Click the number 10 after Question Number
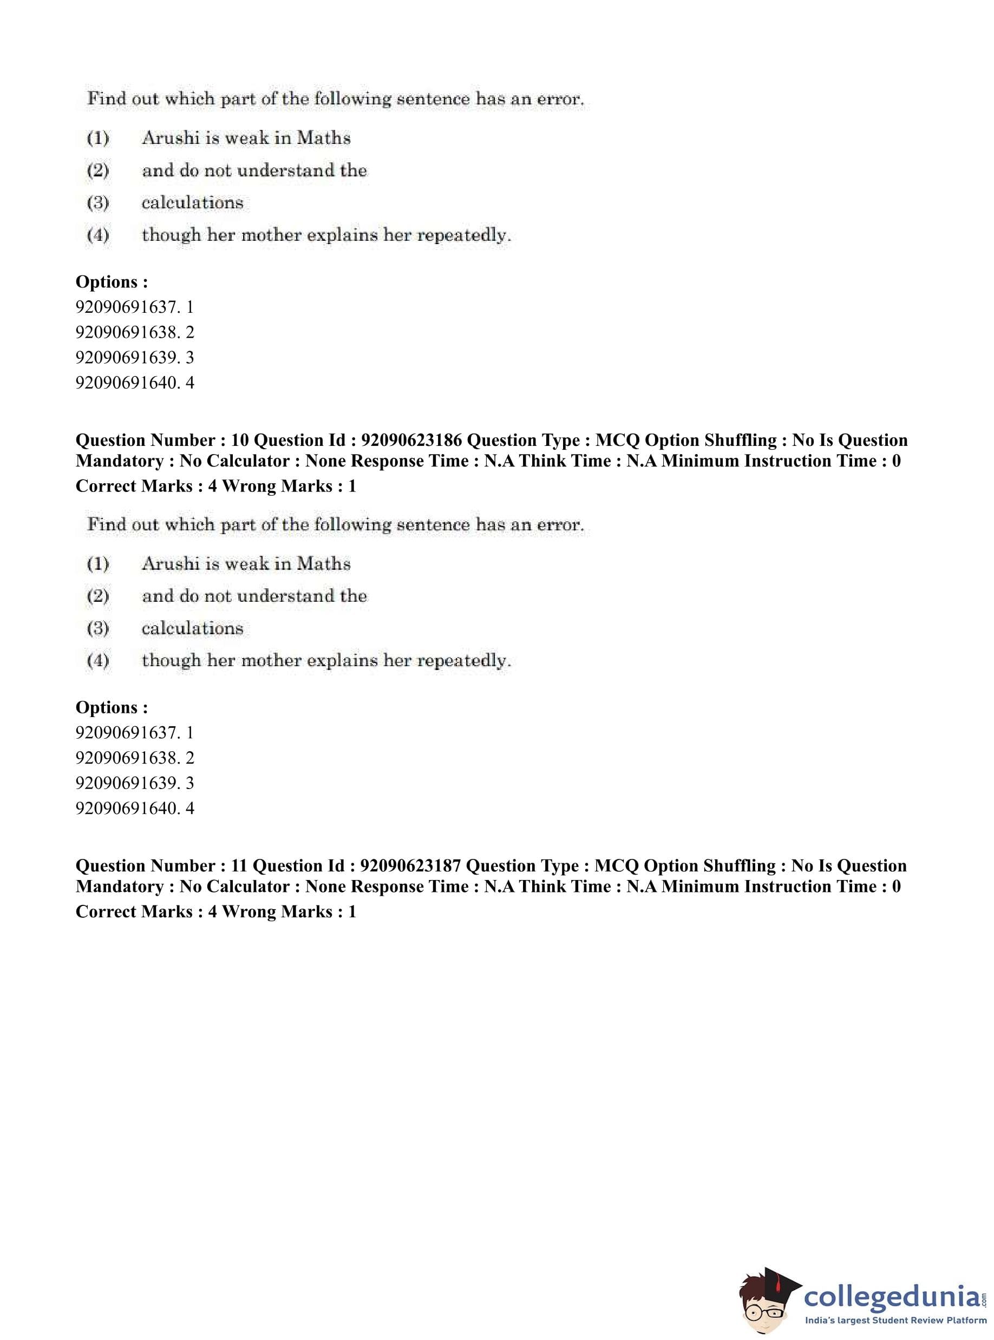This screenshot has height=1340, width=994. coord(239,440)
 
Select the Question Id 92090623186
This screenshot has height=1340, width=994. coord(411,440)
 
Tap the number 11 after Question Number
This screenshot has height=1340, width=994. coord(239,865)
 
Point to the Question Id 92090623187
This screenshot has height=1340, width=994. coord(410,865)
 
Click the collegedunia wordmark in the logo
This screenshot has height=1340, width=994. coord(892,1297)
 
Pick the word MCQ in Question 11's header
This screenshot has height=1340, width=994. coord(616,865)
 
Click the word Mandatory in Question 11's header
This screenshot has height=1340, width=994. coord(119,886)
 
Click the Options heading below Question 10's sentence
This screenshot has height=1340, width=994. coord(112,707)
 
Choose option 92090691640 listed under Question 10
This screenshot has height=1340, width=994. coord(135,807)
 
